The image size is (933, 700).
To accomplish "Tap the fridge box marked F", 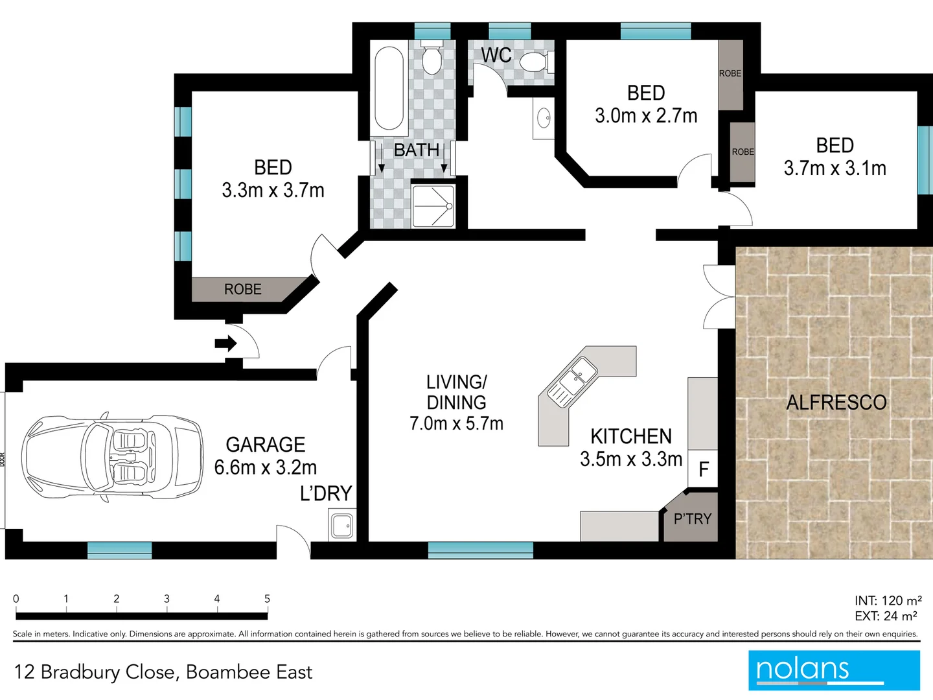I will (703, 469).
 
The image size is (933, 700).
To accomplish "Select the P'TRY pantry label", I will (692, 519).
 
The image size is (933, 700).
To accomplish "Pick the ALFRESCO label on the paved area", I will (836, 402).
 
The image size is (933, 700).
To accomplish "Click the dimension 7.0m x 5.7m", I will (456, 423).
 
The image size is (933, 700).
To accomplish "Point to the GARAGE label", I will (265, 445).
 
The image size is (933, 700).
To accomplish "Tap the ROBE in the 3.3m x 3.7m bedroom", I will (243, 289).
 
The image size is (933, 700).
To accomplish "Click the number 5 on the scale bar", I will (267, 599).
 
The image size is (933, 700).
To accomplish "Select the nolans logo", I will (834, 670).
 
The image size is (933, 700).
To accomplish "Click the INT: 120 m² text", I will (888, 601).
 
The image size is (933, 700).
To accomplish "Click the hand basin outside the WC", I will (543, 119).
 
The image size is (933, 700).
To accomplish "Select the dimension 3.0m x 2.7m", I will (646, 116).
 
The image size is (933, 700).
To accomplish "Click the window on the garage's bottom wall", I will (120, 550).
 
